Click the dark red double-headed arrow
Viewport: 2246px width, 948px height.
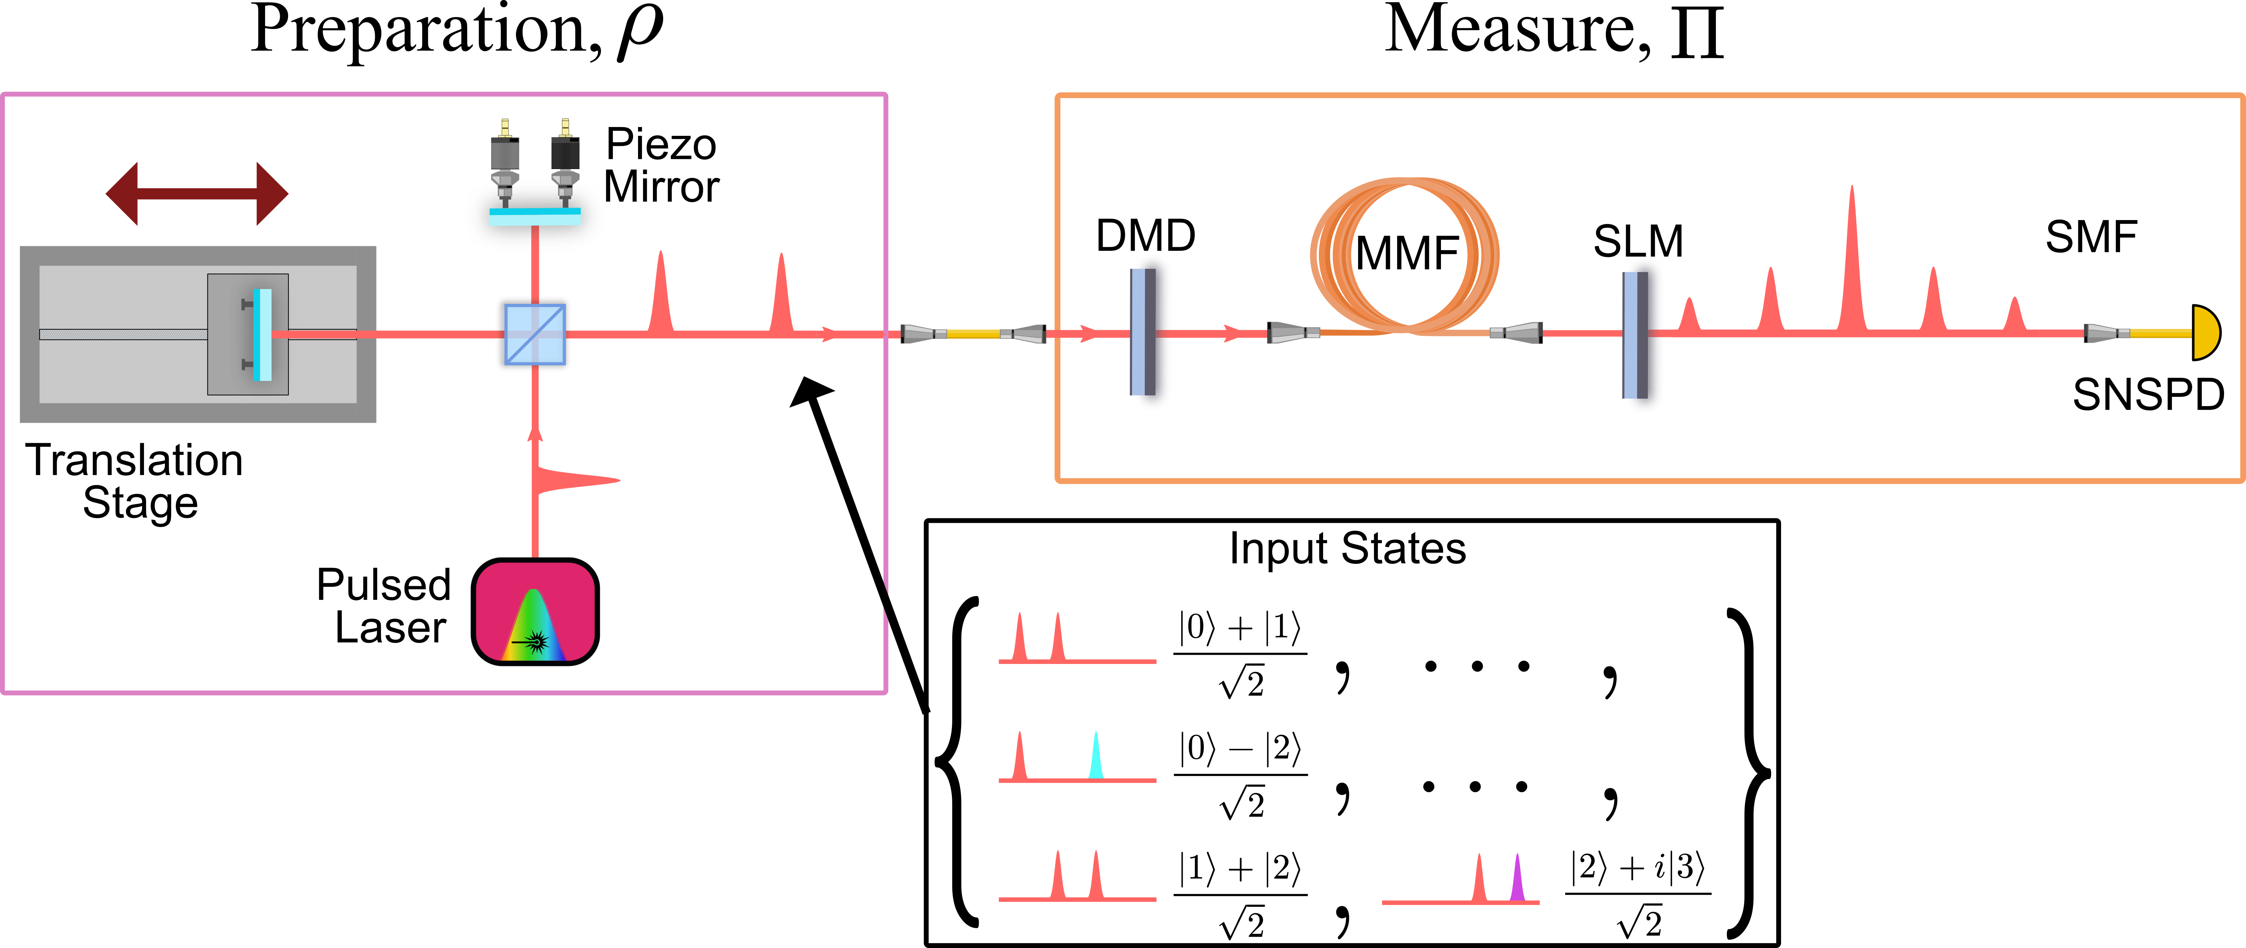(x=197, y=193)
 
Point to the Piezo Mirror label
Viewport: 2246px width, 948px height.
(x=662, y=166)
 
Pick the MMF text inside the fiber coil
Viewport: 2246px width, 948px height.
(x=1406, y=254)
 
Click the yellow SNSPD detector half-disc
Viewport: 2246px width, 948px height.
(x=2206, y=332)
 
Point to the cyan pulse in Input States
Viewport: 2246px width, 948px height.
(x=1096, y=756)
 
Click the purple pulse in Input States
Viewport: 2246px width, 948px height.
(x=1517, y=878)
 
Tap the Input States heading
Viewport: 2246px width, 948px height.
(x=1347, y=549)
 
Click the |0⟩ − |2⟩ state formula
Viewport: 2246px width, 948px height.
(x=1240, y=775)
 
